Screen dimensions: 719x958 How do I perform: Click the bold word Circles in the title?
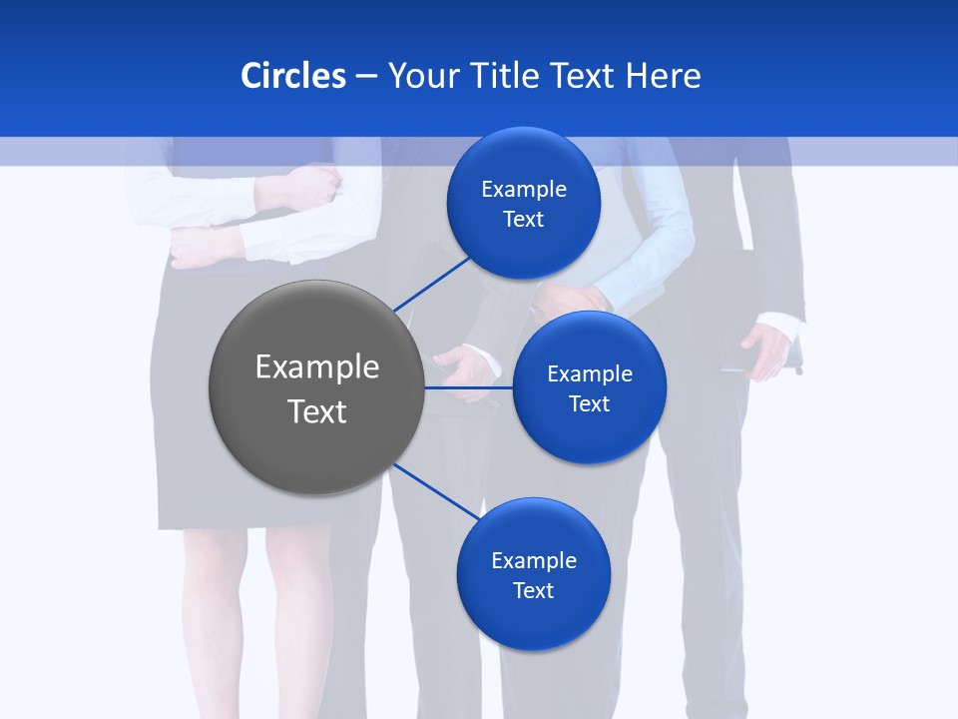tap(292, 76)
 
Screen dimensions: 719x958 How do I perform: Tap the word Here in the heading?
tap(663, 76)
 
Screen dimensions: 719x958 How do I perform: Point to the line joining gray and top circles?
tap(431, 284)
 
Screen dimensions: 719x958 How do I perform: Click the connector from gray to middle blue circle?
tap(469, 387)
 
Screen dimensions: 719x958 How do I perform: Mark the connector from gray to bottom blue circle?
tap(437, 492)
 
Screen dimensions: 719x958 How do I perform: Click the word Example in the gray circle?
tap(317, 367)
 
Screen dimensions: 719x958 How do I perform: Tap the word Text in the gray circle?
tap(317, 411)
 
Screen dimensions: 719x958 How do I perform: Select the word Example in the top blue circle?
tap(524, 190)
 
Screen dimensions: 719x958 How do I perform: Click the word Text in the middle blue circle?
tap(589, 403)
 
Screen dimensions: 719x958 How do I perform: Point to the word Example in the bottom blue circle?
tap(534, 560)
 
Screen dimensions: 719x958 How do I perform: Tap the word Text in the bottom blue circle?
tap(533, 590)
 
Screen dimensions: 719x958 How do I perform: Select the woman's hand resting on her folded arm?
tap(315, 186)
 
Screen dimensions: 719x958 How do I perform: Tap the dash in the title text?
tap(366, 77)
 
